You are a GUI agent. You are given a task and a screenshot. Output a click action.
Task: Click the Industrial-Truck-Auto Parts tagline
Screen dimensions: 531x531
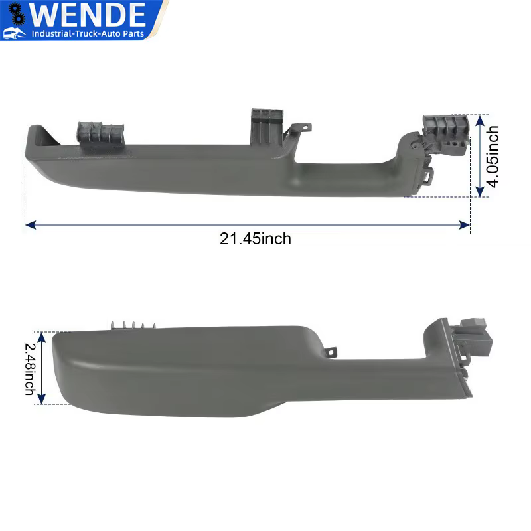click(x=93, y=33)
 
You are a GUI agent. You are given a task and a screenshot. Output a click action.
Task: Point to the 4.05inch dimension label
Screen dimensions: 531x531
click(x=492, y=157)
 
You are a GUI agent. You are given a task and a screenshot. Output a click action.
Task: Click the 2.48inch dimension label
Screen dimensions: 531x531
click(x=30, y=368)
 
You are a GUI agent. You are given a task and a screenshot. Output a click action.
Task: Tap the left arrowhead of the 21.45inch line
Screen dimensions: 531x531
click(x=29, y=226)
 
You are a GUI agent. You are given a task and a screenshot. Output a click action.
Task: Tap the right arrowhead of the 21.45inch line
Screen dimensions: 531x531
click(x=466, y=226)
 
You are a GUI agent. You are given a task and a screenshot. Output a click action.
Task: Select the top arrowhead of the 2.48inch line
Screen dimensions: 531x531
click(x=42, y=337)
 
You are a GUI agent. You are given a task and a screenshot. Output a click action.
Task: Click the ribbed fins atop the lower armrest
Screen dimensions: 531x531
click(x=133, y=325)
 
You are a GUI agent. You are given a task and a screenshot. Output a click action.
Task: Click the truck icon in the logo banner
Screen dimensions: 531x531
click(x=15, y=33)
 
